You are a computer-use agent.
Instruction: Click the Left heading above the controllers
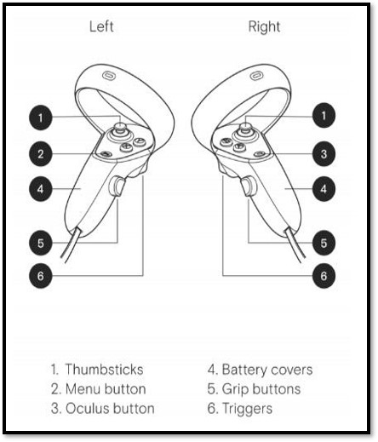click(101, 26)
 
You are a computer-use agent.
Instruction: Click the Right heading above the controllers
click(264, 27)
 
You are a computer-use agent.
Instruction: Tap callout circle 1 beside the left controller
click(41, 118)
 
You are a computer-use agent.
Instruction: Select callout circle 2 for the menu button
click(41, 154)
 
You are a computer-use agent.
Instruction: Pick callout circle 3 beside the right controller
click(324, 154)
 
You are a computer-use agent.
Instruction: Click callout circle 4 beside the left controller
click(41, 189)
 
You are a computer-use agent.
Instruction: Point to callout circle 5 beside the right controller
click(324, 243)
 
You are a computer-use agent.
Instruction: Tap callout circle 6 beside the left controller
click(41, 276)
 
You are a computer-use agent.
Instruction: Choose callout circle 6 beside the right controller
click(324, 276)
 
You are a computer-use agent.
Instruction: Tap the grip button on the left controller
click(117, 187)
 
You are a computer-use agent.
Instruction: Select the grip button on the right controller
click(249, 186)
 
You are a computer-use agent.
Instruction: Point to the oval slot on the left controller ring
click(109, 76)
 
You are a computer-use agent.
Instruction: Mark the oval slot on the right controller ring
click(257, 76)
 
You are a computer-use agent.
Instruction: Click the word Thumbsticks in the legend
click(104, 370)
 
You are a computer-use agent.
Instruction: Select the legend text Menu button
click(106, 389)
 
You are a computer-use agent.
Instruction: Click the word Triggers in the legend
click(247, 409)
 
